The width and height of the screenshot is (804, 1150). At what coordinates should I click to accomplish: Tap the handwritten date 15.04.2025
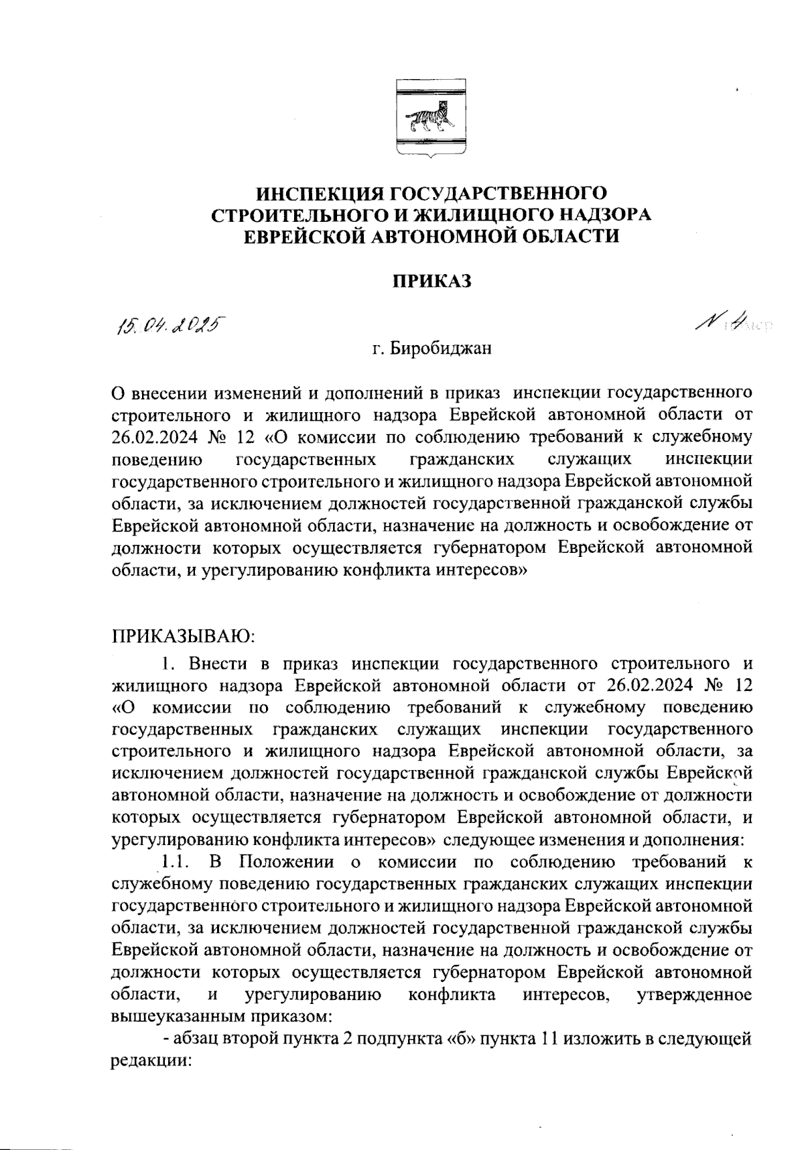click(x=170, y=327)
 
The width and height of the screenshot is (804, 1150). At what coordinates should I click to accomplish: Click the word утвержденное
click(x=693, y=995)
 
